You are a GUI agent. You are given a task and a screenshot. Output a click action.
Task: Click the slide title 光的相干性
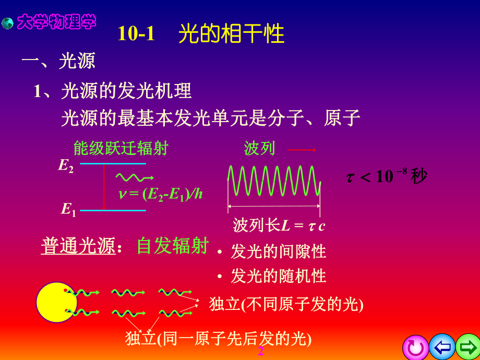point(231,34)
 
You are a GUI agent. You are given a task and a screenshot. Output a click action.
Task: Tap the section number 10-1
point(137,34)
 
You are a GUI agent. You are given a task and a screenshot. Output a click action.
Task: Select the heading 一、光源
point(58,62)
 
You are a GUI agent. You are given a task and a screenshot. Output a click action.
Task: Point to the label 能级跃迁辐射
point(121,149)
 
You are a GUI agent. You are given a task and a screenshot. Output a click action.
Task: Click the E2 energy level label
point(66,166)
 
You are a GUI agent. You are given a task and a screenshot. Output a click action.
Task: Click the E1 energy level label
point(68,210)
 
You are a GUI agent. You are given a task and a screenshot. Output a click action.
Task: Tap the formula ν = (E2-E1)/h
point(161,194)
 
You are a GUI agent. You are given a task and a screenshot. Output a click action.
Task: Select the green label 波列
point(259,149)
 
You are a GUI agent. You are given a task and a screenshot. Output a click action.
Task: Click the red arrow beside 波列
point(302,150)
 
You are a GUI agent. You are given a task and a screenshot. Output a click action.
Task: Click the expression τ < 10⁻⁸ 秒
point(387,176)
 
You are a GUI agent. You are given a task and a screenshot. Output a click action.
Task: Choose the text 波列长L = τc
point(279,226)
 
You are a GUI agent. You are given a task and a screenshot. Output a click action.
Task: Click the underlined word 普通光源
point(78,247)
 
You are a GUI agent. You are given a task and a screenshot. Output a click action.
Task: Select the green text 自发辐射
point(172,246)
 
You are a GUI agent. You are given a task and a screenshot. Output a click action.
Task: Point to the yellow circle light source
point(56,303)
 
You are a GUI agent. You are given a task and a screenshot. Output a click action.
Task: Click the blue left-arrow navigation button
point(442,347)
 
